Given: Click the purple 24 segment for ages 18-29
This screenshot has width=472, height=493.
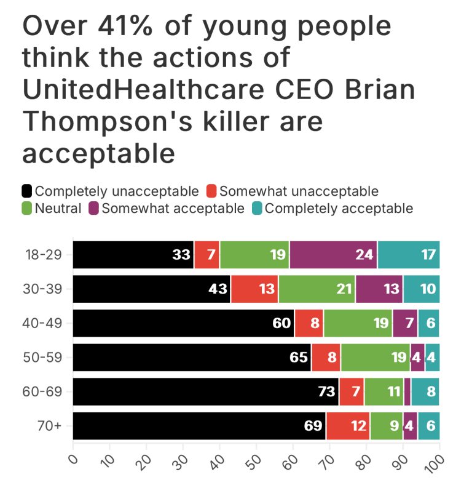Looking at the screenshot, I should [333, 255].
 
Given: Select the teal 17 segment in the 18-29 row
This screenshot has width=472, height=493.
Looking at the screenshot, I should [409, 255].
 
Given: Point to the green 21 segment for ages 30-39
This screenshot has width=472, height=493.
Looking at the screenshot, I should [317, 289].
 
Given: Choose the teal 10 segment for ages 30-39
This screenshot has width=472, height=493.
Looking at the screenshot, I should [422, 289].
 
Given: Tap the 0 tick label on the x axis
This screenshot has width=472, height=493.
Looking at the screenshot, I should [73, 459].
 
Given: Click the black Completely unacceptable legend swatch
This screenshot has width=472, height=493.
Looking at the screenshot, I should [27, 191].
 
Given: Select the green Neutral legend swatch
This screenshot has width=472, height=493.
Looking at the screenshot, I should [27, 208].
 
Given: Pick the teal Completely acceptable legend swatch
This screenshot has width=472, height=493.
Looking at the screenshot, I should [256, 208].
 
